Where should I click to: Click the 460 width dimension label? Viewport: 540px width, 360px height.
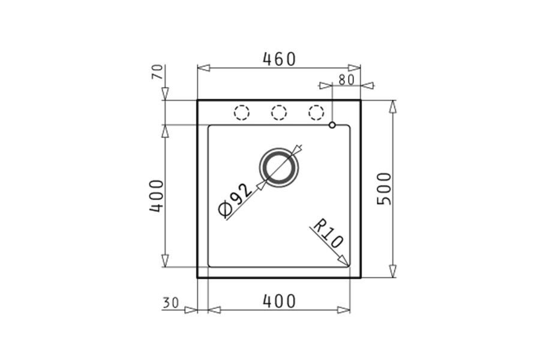click(x=279, y=59)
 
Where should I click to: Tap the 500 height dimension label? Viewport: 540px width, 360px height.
click(x=385, y=189)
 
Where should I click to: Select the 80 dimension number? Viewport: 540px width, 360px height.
click(x=346, y=80)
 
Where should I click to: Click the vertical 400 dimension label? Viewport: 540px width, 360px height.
click(x=156, y=196)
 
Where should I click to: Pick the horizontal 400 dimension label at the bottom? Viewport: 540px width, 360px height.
click(x=279, y=301)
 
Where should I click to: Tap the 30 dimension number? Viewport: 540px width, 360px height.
click(x=171, y=303)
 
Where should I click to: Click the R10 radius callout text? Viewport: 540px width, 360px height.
click(x=328, y=233)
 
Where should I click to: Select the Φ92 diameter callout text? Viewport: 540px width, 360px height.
click(x=236, y=201)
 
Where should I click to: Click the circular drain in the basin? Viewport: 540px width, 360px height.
click(x=279, y=168)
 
